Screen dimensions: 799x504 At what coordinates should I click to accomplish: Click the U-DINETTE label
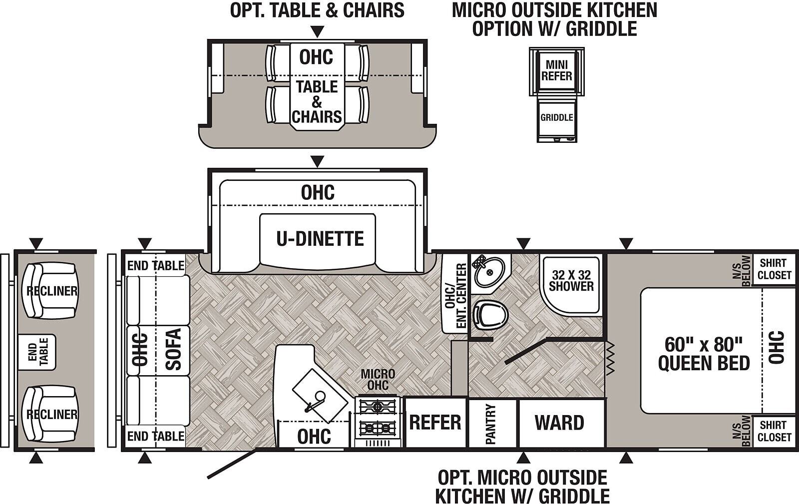point(320,239)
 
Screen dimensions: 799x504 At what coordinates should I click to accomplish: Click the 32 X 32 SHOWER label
point(571,280)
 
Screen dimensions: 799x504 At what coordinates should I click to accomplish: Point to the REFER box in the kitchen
point(435,422)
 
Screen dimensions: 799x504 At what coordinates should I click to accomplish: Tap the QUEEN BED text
point(704,364)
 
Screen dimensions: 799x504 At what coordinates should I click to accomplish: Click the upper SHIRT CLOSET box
point(774,269)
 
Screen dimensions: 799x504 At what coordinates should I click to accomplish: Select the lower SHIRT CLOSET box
point(774,431)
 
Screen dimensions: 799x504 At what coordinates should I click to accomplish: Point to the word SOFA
point(174,349)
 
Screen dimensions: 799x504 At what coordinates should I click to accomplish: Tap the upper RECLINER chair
point(50,291)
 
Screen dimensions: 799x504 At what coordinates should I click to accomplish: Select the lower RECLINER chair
point(50,414)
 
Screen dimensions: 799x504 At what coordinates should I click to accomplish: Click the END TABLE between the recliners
point(37,352)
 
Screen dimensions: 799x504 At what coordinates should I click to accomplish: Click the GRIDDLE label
point(556,117)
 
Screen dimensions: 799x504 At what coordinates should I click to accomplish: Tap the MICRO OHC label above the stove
point(378,380)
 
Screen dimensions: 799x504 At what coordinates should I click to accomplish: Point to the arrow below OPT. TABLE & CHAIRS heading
point(317,32)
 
